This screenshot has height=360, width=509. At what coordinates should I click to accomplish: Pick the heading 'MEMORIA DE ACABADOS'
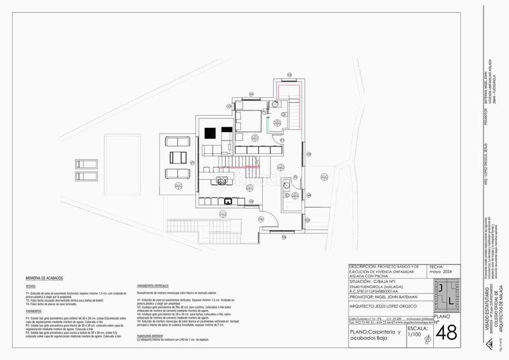tap(48, 279)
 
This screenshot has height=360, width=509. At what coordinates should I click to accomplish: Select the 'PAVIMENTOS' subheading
tap(34, 311)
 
